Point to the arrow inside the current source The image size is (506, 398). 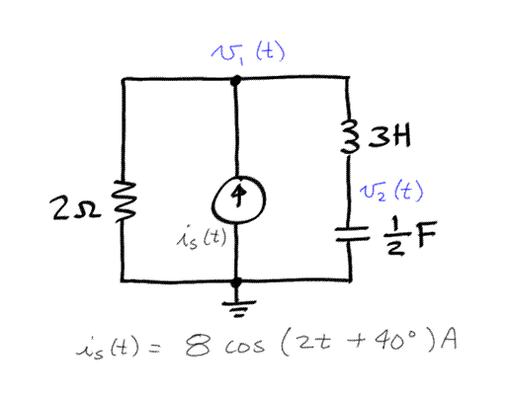point(235,196)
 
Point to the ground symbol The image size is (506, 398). point(235,301)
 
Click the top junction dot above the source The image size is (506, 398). point(235,82)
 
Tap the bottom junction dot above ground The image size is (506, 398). point(235,279)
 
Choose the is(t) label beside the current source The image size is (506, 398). point(197,238)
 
